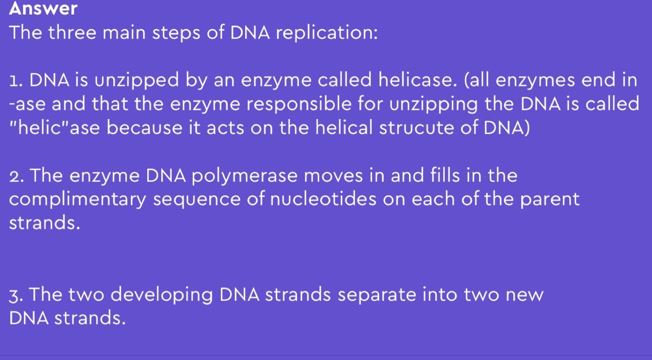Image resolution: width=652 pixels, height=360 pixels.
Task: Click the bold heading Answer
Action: tap(43, 8)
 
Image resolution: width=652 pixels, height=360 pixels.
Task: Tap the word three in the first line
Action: tap(72, 32)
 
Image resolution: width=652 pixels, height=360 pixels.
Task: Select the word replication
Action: tap(327, 33)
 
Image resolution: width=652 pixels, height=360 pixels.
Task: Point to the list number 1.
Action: tap(16, 80)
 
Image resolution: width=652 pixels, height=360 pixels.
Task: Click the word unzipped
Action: tap(136, 80)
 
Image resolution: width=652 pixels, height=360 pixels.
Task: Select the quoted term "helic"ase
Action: tap(54, 128)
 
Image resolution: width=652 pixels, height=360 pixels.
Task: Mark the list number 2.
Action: tap(16, 176)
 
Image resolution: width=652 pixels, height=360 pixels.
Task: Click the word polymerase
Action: tap(244, 176)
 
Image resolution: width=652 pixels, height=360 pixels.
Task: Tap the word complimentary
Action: tap(77, 200)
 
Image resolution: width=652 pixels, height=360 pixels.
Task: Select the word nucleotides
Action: tap(323, 199)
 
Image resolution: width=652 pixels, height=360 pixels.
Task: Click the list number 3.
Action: tap(16, 295)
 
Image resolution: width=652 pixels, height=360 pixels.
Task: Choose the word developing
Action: tap(161, 295)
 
